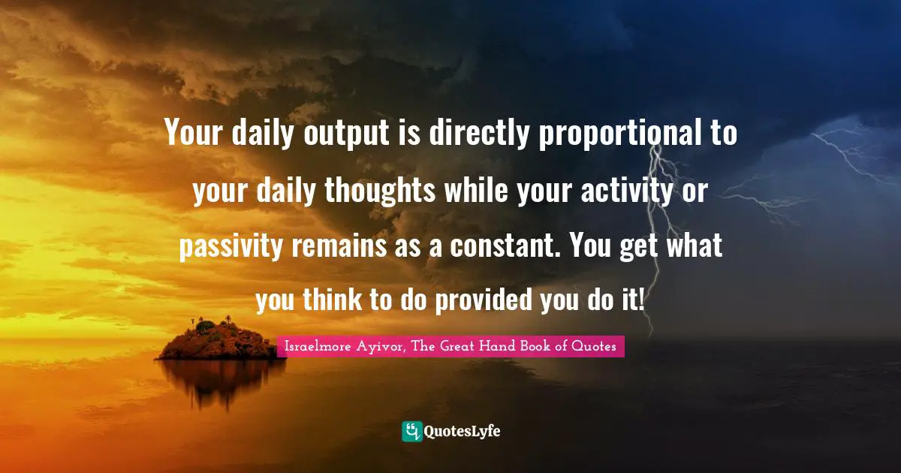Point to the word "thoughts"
click(380, 191)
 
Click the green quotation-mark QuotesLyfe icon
click(412, 431)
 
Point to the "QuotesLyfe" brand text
click(463, 432)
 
